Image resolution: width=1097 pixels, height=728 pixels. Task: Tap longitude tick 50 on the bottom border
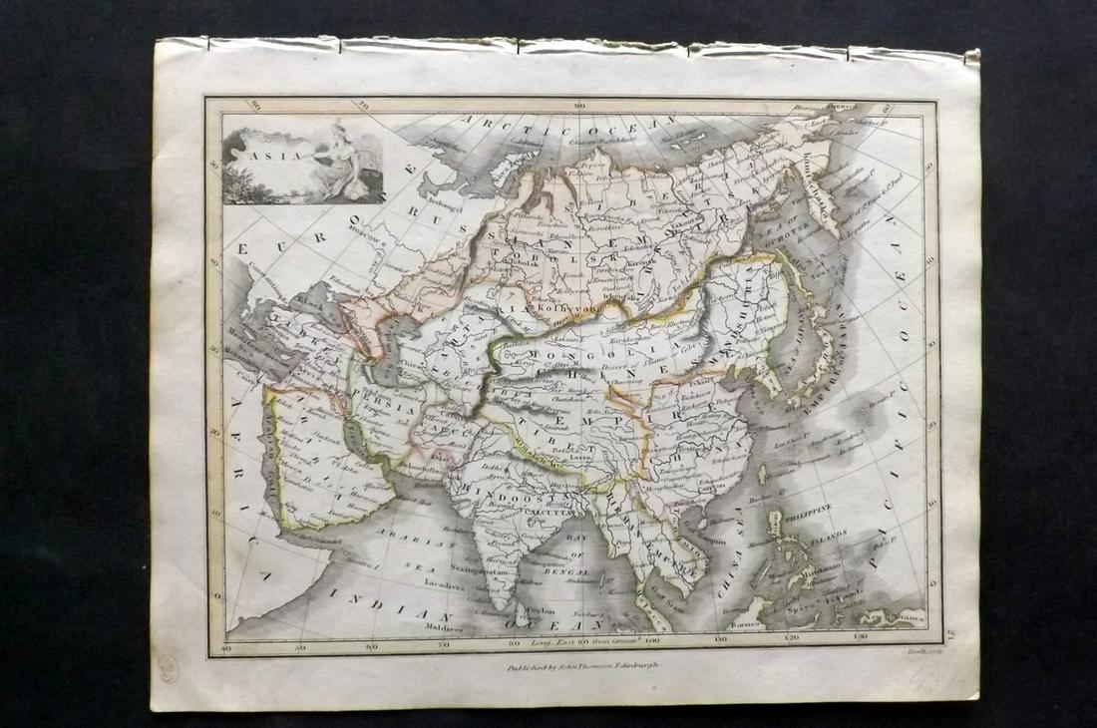(302, 646)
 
